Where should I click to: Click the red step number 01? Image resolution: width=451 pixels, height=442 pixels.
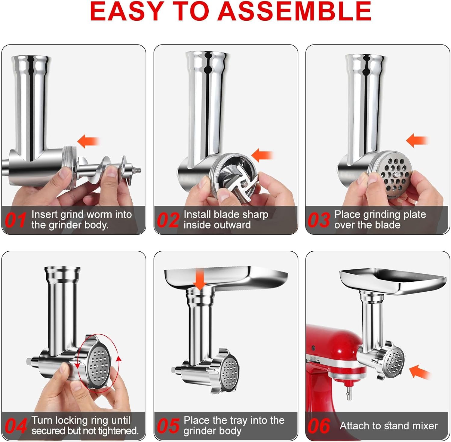pos(16,220)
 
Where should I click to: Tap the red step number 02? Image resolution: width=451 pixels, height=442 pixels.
pos(168,220)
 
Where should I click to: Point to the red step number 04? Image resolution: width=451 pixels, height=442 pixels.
pos(16,426)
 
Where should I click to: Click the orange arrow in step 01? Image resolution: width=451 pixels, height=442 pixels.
pos(88,141)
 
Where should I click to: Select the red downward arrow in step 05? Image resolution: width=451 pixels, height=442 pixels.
pos(199,278)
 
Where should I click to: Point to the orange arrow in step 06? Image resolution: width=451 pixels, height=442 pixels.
pos(420,372)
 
